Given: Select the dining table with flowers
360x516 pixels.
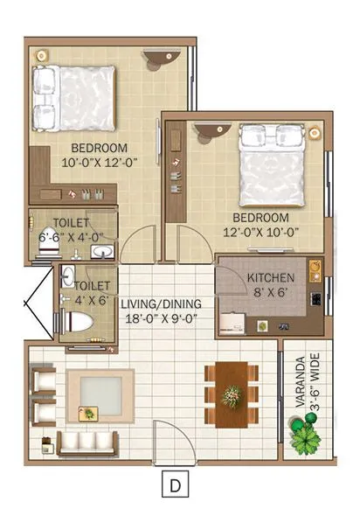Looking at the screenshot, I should click(x=232, y=394).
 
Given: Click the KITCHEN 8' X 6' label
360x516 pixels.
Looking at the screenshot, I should click(x=271, y=285).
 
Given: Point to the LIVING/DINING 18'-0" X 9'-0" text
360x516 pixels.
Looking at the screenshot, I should click(x=161, y=310).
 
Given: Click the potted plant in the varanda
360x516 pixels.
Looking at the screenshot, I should click(x=305, y=433).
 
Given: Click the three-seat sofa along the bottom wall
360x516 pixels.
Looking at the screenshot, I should click(x=88, y=441).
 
